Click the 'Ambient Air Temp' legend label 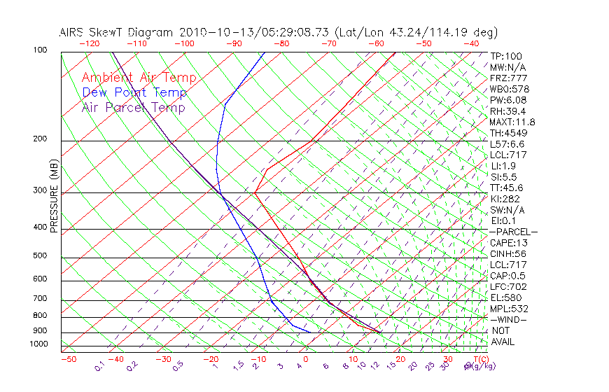[139, 78]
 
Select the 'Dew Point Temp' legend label [134, 92]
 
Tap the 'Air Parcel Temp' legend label [133, 107]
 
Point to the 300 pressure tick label [39, 190]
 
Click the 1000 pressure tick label [38, 344]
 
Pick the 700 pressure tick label [39, 299]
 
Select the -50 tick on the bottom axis [68, 359]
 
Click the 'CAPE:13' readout [507, 243]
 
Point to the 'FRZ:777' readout [508, 78]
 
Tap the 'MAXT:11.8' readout [512, 122]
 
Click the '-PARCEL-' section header [513, 232]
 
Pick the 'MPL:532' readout [508, 309]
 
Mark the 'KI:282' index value [504, 199]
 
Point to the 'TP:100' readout [505, 56]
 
